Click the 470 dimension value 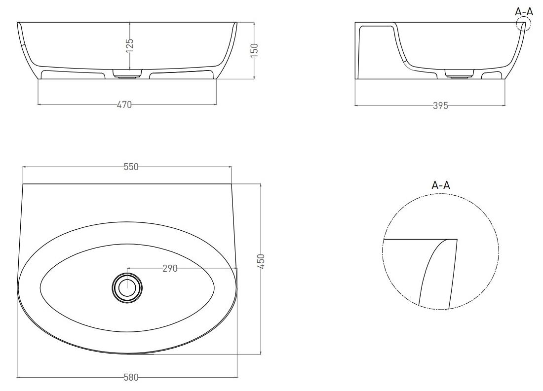pyautogui.click(x=124, y=105)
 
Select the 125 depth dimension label pyautogui.click(x=129, y=45)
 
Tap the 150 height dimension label pyautogui.click(x=254, y=50)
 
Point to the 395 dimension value pyautogui.click(x=440, y=106)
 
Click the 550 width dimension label pyautogui.click(x=131, y=167)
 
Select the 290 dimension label pyautogui.click(x=170, y=268)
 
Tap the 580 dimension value pyautogui.click(x=131, y=377)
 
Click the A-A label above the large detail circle pyautogui.click(x=440, y=185)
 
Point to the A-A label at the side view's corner pyautogui.click(x=524, y=11)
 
